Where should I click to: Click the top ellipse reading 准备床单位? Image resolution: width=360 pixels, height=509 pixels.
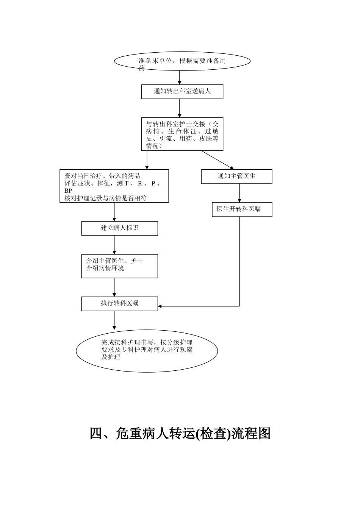(182, 61)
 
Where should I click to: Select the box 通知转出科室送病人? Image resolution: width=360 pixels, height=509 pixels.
(182, 92)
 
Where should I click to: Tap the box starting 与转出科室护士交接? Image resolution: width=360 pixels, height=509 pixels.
(182, 134)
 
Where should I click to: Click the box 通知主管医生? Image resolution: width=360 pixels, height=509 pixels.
(236, 176)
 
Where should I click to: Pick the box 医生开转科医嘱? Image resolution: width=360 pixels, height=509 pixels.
(242, 209)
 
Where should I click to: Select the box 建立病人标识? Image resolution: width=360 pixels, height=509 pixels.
(119, 228)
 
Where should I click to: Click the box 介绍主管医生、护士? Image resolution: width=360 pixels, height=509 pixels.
(119, 266)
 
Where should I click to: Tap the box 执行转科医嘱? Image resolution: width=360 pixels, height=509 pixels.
(119, 304)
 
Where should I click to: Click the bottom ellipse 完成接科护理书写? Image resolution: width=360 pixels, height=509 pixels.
(147, 351)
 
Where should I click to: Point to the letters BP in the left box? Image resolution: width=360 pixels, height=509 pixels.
(68, 191)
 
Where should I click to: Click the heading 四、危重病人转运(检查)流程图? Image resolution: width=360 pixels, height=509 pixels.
(180, 434)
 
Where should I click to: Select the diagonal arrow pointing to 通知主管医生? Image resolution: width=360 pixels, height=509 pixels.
(218, 160)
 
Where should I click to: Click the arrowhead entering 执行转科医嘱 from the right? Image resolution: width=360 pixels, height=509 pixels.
(160, 306)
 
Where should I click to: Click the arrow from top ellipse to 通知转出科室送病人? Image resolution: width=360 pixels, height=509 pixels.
(180, 78)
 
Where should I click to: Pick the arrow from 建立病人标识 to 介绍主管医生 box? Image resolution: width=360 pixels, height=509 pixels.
(114, 245)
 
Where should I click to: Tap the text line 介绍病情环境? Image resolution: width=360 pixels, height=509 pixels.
(105, 268)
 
